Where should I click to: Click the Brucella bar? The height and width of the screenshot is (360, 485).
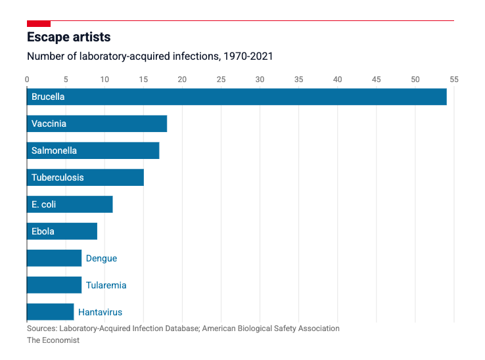(x=237, y=97)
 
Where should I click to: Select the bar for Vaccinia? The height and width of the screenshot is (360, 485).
(x=97, y=124)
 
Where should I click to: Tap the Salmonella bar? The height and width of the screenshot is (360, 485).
(x=93, y=150)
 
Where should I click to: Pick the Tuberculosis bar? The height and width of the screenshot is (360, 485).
(x=85, y=177)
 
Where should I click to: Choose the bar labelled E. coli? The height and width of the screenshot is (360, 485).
(x=70, y=204)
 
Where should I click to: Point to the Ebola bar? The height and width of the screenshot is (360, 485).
(x=62, y=231)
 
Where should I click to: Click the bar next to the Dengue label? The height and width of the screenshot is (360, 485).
(x=54, y=258)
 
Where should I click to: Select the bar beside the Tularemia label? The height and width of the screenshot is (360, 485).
(x=54, y=285)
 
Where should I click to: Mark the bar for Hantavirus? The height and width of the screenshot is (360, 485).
(x=50, y=312)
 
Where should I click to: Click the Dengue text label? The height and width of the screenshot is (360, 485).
(x=101, y=258)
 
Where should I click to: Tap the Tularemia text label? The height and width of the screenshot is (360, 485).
(x=106, y=285)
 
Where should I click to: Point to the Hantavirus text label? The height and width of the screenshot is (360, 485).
(x=100, y=312)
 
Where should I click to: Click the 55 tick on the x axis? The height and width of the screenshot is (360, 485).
(x=453, y=79)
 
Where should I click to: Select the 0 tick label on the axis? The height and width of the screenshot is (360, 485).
(x=27, y=79)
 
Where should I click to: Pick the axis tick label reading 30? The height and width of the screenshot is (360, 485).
(x=260, y=79)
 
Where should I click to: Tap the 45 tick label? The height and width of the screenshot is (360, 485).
(x=376, y=79)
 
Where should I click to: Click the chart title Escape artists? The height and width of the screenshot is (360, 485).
(x=68, y=37)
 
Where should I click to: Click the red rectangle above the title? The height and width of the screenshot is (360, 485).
(x=39, y=24)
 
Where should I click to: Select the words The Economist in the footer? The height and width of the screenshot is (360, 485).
(x=53, y=340)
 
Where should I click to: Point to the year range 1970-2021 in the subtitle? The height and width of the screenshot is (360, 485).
(x=248, y=56)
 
